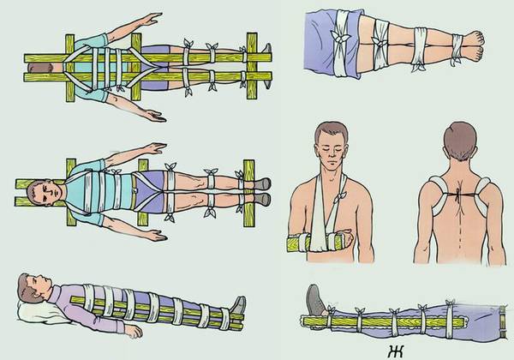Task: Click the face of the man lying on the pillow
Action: point(34,287)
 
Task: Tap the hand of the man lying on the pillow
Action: point(128,328)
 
